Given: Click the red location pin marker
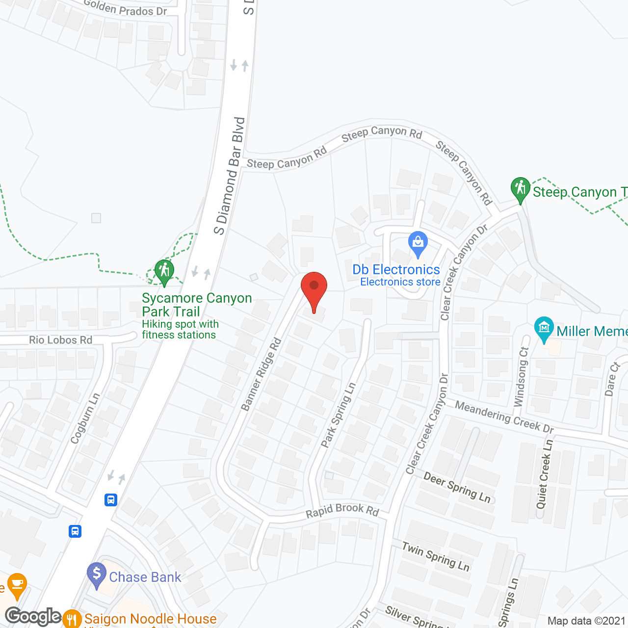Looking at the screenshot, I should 314,289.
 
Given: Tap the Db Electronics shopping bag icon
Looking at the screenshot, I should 418,243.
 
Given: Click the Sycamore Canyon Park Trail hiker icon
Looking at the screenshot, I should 164,271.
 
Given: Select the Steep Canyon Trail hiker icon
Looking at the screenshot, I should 521,189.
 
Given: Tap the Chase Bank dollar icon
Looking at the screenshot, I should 97,574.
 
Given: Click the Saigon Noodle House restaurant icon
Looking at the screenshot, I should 72,619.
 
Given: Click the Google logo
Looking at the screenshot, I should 33,616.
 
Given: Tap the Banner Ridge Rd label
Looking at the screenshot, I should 262,374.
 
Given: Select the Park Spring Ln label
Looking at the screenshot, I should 339,415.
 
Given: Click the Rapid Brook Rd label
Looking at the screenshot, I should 342,511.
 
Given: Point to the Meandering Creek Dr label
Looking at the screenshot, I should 504,417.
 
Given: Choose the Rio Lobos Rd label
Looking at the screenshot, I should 61,340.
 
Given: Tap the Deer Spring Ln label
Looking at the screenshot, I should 457,487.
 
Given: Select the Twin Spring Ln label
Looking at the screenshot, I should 436,556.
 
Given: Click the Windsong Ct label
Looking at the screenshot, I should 521,377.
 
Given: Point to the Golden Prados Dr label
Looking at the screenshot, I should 125,8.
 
